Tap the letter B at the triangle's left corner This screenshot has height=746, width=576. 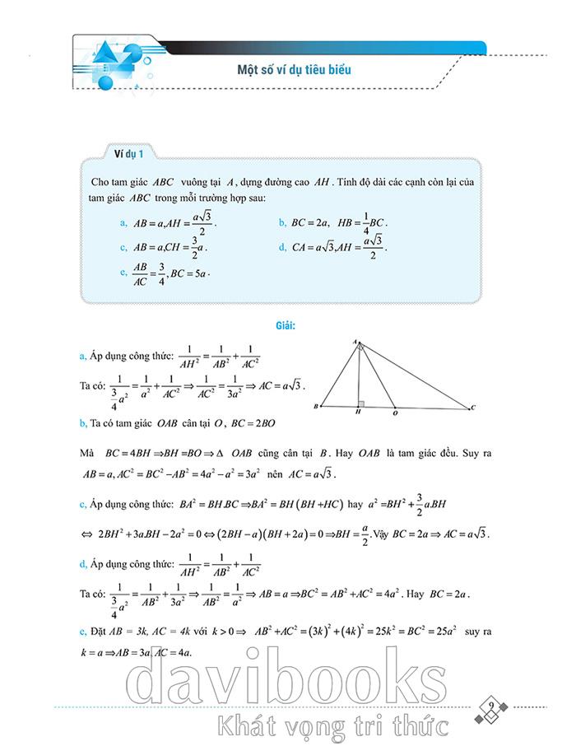click(317, 408)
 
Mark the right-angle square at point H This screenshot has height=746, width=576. click(362, 403)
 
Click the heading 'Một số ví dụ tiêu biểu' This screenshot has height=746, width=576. click(289, 69)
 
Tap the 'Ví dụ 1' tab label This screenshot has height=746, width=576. click(129, 154)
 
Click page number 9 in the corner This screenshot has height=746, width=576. click(490, 706)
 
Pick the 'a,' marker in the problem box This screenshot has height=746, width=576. click(123, 223)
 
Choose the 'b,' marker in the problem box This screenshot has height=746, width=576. click(282, 223)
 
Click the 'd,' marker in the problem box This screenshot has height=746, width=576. click(282, 246)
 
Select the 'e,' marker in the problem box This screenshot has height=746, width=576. click(123, 272)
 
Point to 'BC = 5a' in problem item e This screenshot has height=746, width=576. click(190, 273)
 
